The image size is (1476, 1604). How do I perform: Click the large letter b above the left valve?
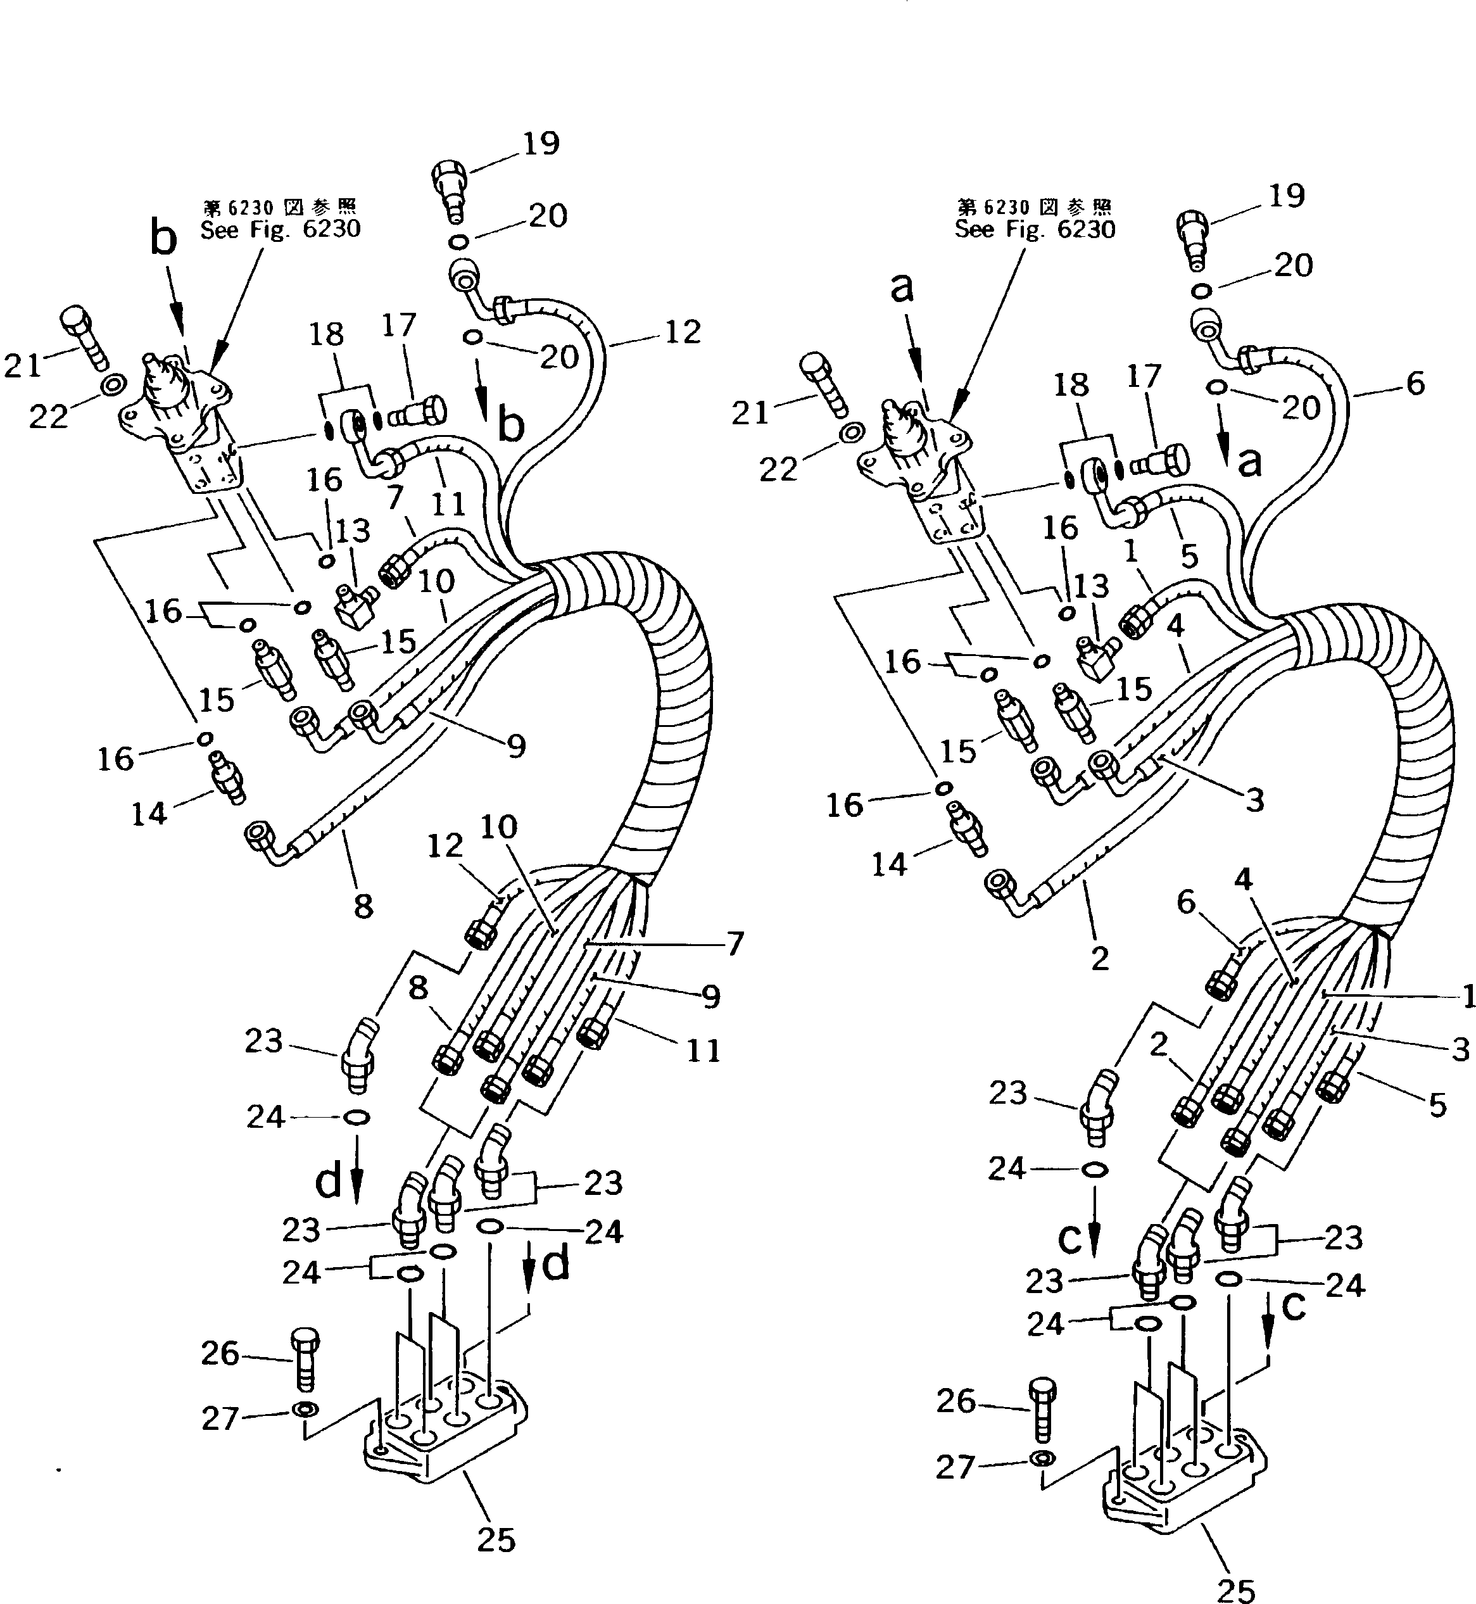[x=164, y=239]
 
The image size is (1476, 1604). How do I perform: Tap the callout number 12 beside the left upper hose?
[x=682, y=332]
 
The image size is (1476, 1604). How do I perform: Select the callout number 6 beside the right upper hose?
[x=1415, y=384]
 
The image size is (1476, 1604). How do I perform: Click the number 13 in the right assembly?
[x=1091, y=586]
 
